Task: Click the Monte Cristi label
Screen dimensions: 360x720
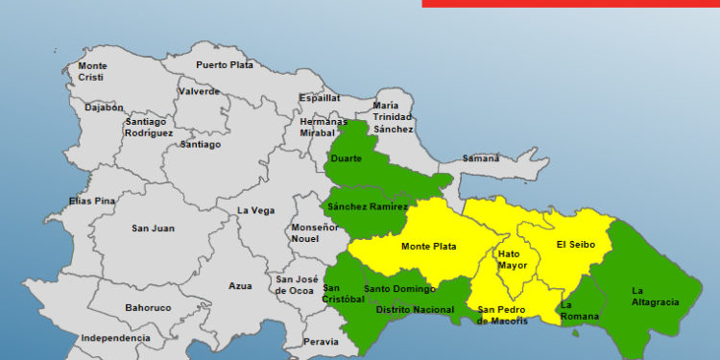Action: pos(92,71)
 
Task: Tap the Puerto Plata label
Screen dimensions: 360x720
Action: pos(225,65)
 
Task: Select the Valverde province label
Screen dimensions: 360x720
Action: pos(199,92)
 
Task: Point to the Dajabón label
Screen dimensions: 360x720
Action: pos(104,108)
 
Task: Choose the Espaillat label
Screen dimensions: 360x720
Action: pos(320,98)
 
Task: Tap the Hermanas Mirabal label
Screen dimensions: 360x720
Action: pos(324,128)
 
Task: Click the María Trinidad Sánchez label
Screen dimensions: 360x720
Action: pos(394,117)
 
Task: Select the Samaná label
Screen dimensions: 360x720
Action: pos(481,158)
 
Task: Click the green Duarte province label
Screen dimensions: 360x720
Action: pos(346,158)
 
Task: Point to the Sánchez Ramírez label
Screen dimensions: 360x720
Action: pos(368,206)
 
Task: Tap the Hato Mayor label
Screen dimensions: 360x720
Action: pos(512,259)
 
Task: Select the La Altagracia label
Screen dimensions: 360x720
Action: pos(655,296)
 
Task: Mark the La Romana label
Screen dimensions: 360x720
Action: pos(578,311)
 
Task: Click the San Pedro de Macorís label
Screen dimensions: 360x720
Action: pos(503,315)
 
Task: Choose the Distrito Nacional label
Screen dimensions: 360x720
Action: pos(415,310)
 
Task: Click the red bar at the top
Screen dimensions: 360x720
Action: pos(570,3)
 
